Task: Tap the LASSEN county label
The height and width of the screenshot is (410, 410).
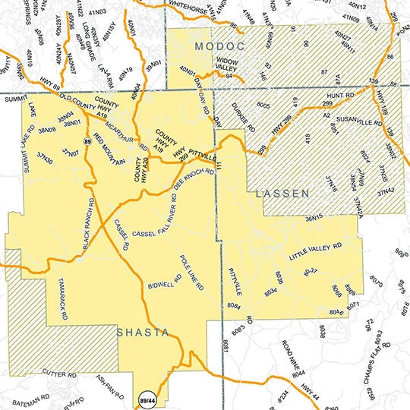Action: click(282, 194)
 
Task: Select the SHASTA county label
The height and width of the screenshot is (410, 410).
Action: click(142, 333)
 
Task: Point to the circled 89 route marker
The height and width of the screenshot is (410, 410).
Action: click(89, 142)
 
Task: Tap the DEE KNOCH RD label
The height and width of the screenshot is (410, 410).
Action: click(193, 181)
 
